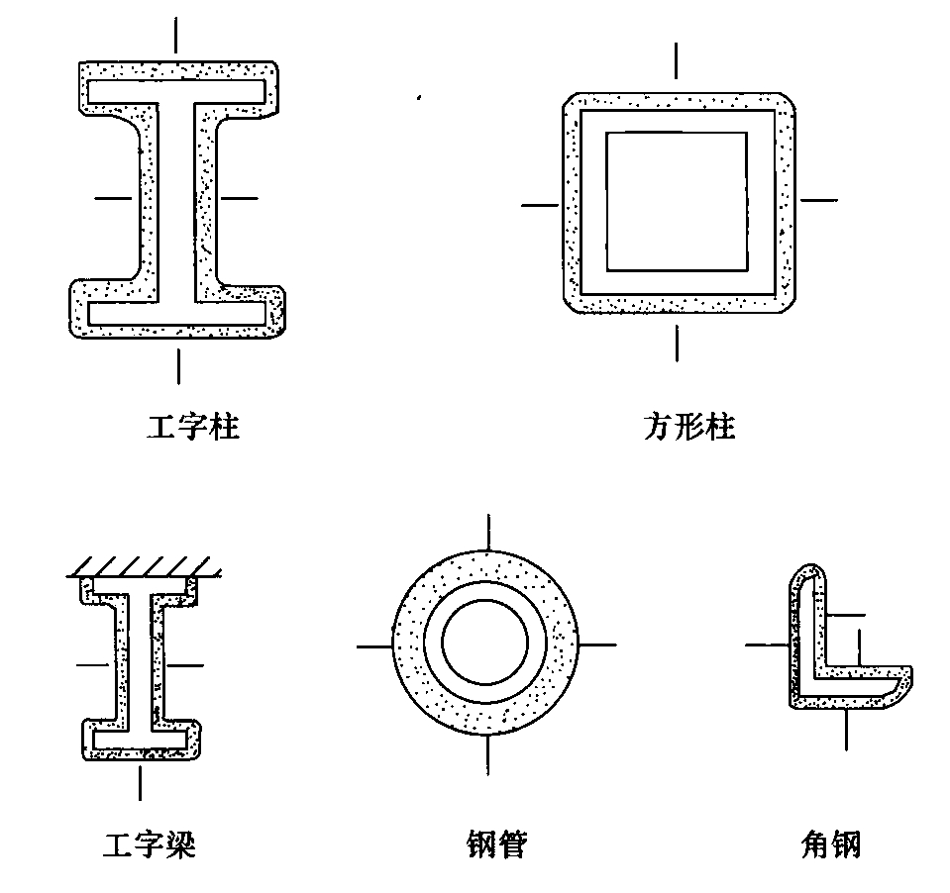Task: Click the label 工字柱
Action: click(193, 428)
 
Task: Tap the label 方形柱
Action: click(688, 428)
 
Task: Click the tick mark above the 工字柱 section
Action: click(176, 36)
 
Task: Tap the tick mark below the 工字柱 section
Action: click(178, 365)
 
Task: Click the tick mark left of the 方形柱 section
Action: click(540, 205)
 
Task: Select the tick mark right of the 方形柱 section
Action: click(818, 200)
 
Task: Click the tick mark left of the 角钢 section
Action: click(765, 645)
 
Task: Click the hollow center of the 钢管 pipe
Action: click(485, 645)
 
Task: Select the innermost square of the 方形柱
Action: click(676, 202)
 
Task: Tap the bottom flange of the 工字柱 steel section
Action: click(176, 313)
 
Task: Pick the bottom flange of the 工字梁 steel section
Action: click(140, 740)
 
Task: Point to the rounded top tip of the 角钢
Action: click(810, 571)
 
